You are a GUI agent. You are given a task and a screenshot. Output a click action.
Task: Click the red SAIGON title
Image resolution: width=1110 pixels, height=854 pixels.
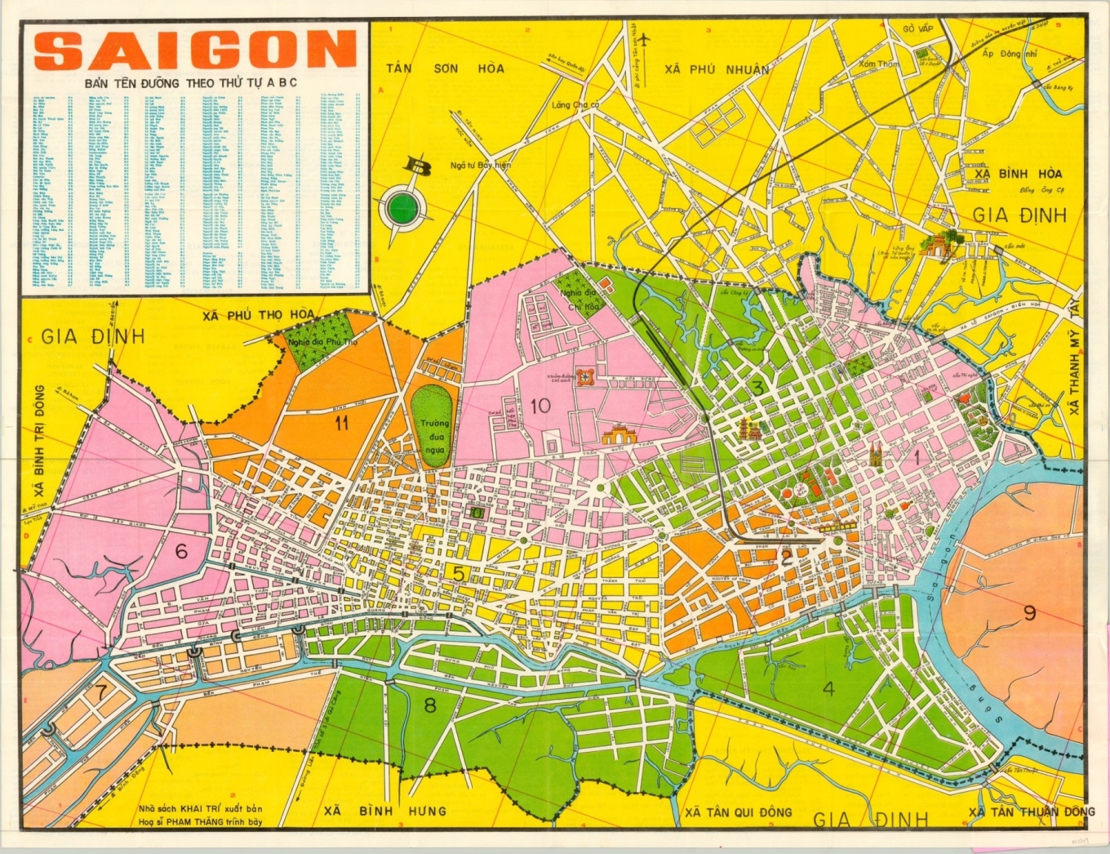[195, 50]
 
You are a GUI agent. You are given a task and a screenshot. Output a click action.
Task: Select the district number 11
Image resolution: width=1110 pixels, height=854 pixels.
[341, 423]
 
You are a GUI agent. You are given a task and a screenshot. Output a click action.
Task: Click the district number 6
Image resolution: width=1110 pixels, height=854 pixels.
[181, 551]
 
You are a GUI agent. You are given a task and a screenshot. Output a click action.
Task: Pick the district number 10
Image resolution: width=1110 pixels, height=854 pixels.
[540, 405]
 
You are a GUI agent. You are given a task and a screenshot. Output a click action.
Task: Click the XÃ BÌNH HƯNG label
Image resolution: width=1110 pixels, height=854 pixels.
[385, 811]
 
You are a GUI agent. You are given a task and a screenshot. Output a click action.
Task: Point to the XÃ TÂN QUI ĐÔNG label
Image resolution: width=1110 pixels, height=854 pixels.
[738, 812]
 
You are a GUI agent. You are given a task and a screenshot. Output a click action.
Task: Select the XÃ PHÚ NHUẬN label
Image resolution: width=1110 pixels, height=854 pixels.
[716, 69]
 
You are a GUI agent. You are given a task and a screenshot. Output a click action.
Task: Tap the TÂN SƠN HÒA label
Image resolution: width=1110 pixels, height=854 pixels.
[445, 69]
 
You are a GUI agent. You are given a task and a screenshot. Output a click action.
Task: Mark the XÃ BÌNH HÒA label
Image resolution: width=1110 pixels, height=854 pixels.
[1017, 174]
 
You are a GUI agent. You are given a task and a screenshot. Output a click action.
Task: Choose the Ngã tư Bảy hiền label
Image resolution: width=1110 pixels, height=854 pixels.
[480, 165]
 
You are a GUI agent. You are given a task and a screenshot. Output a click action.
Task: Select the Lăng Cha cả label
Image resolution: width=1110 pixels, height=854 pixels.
[575, 105]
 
